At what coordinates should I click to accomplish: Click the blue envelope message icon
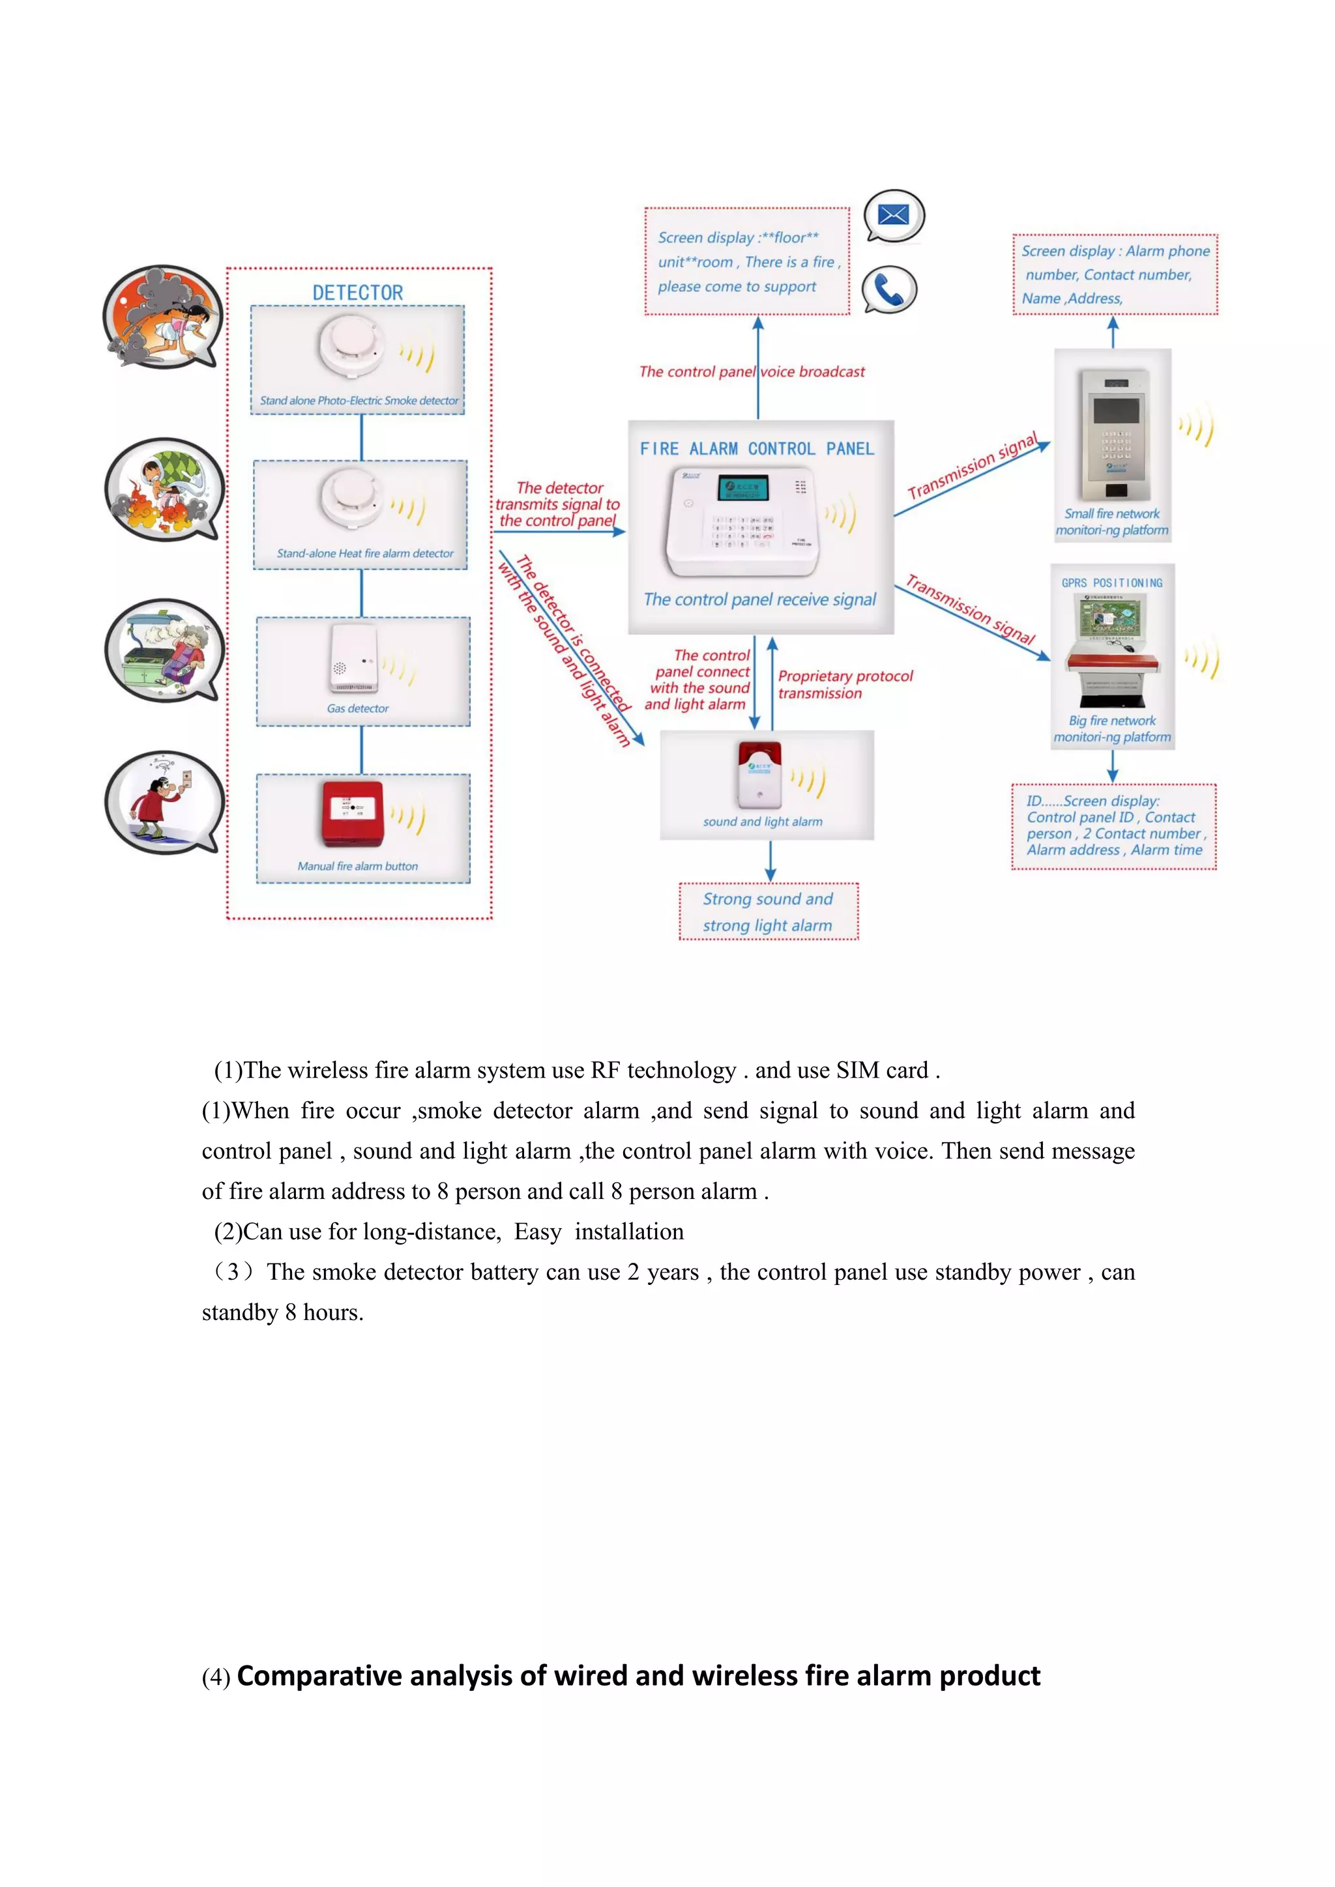coord(893,215)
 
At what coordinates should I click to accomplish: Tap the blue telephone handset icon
coord(888,289)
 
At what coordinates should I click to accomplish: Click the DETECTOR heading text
coord(358,293)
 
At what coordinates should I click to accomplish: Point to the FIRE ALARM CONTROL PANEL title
coord(756,449)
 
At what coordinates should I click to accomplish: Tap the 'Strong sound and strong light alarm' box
coord(768,912)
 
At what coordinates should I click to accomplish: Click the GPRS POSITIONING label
coord(1111,583)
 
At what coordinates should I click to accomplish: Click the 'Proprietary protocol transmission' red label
coord(844,684)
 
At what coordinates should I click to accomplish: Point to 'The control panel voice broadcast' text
coord(752,371)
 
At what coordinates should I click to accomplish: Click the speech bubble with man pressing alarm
coord(164,801)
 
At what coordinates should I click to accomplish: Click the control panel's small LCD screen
coord(742,488)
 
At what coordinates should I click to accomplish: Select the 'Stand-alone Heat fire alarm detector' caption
coord(364,553)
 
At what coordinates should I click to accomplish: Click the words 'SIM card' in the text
coord(882,1070)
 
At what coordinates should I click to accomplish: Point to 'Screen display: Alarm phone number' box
coord(1115,274)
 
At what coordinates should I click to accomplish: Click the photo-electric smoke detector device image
coord(352,346)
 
